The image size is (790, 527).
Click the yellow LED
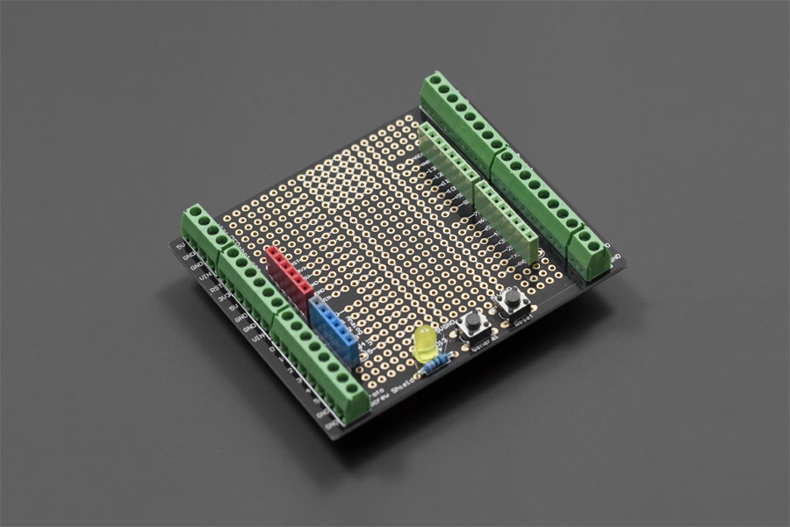coord(426,343)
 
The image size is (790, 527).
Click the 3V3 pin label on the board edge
coord(212,298)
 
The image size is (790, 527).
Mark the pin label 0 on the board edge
coord(272,360)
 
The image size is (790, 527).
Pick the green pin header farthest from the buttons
coord(449,159)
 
